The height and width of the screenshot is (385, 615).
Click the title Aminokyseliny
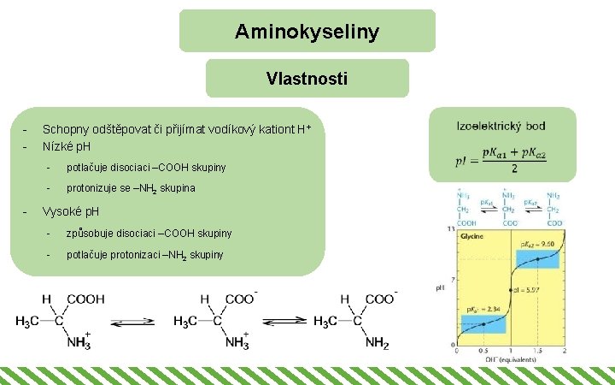[x=307, y=33]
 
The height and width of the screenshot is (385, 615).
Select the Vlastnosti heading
[x=307, y=80]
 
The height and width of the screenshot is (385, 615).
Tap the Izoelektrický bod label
[x=501, y=126]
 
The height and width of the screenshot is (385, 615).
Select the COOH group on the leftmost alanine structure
[x=85, y=299]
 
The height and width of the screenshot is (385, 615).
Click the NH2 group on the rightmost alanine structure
[x=377, y=343]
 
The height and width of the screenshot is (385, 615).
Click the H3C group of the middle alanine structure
[x=186, y=322]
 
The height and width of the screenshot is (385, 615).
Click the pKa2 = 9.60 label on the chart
[x=537, y=245]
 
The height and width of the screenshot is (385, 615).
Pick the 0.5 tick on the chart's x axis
[x=483, y=351]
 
